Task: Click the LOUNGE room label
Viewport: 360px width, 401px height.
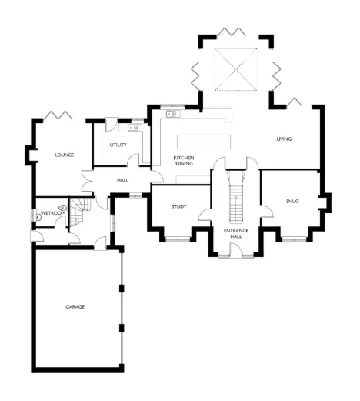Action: point(64,155)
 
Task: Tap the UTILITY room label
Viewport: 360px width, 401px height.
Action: point(118,145)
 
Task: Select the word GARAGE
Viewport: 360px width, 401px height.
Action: point(75,306)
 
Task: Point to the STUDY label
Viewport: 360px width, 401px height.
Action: point(179,206)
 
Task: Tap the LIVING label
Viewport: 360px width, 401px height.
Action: point(288,139)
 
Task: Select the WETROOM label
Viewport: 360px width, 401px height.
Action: point(52,212)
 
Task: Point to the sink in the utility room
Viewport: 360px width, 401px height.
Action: point(132,129)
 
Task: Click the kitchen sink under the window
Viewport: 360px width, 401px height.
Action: point(171,115)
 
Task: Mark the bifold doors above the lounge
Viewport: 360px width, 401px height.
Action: point(59,116)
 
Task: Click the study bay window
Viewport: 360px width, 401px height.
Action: point(178,239)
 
